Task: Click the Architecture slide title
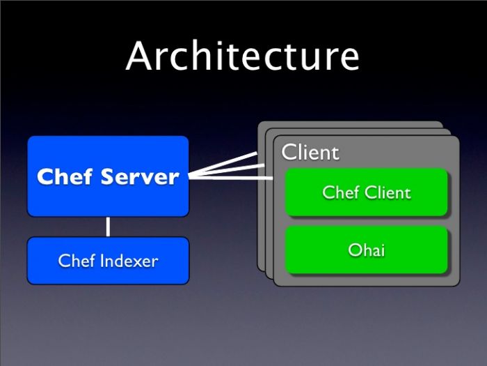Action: (x=243, y=56)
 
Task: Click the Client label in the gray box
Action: (x=310, y=153)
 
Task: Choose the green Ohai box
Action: (x=366, y=250)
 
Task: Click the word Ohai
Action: (x=366, y=250)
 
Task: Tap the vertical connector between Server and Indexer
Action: (x=108, y=227)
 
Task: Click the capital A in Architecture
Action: (x=140, y=56)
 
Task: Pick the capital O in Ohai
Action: (x=354, y=250)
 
